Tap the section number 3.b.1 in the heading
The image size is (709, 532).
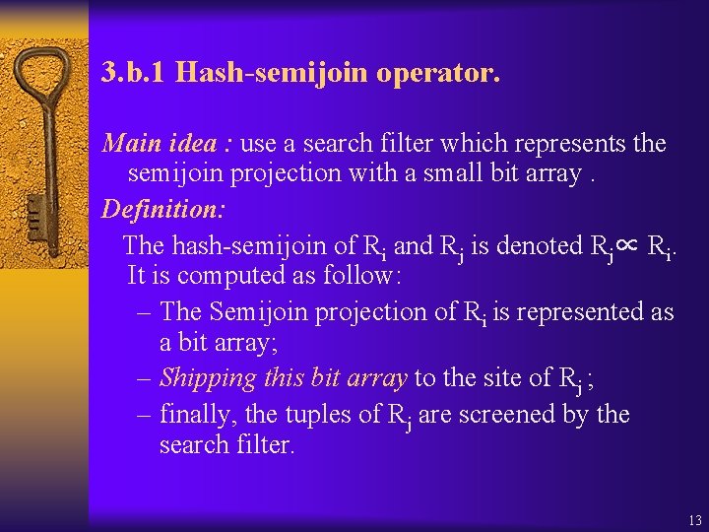coord(136,73)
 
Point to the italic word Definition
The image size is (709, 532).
coord(158,210)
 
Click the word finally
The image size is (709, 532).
coord(200,415)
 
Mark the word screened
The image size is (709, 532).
coord(506,415)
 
